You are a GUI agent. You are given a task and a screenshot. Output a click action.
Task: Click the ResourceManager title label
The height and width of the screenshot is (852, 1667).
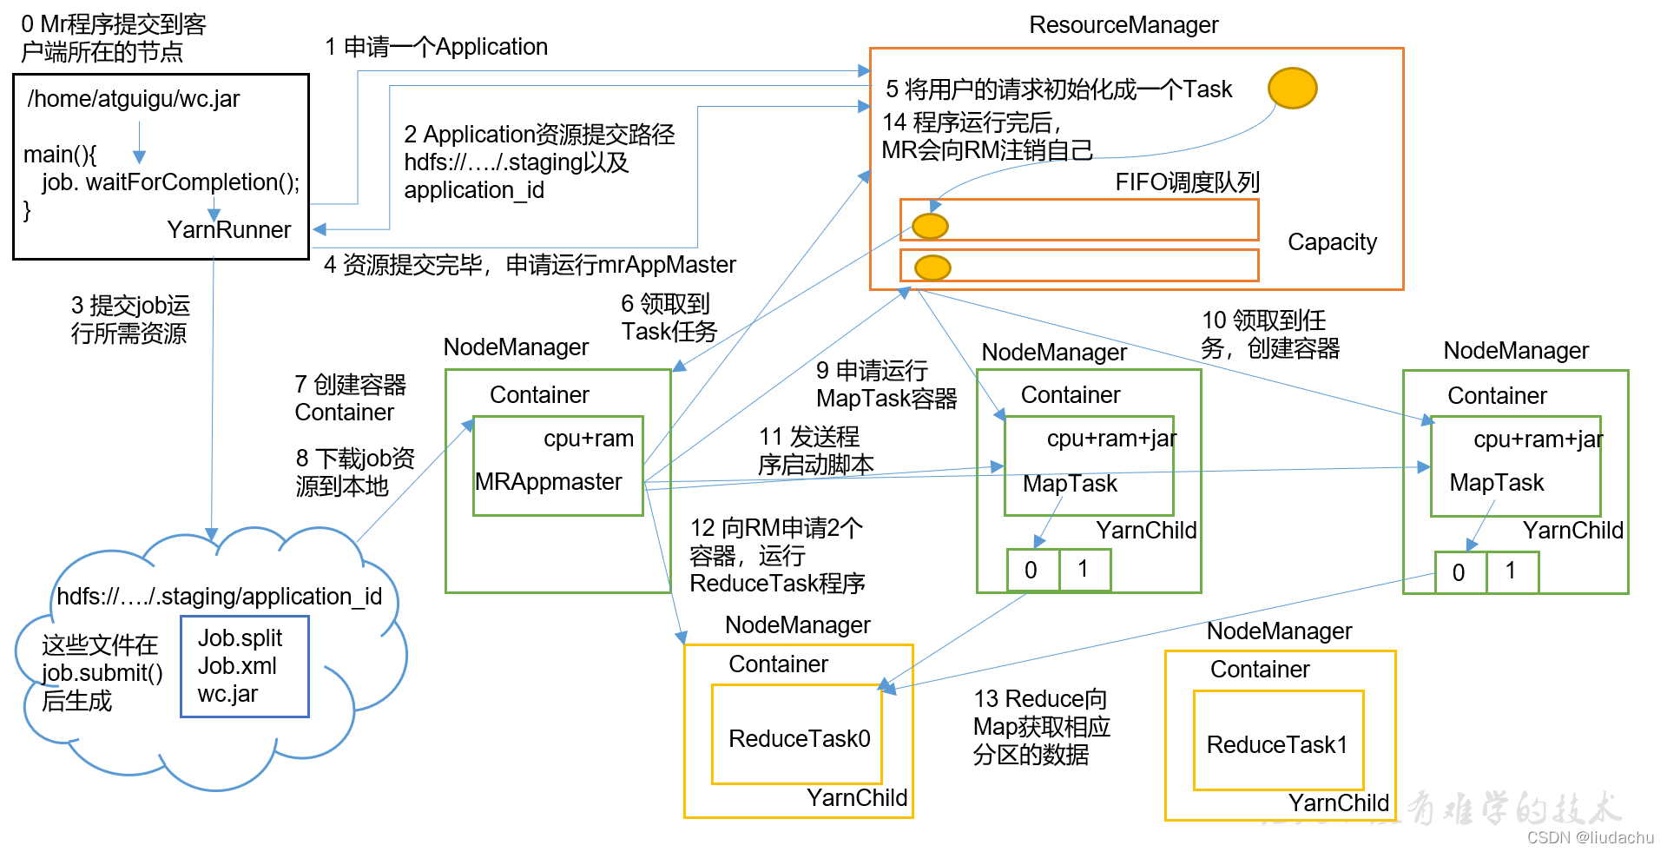click(x=1123, y=25)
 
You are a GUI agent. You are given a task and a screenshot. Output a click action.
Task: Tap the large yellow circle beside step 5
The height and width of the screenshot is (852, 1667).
click(x=1293, y=88)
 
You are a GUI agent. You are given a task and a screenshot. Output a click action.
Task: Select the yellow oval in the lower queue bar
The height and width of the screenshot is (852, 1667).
click(x=933, y=267)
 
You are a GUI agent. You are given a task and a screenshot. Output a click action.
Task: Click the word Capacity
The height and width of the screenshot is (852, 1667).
click(x=1332, y=241)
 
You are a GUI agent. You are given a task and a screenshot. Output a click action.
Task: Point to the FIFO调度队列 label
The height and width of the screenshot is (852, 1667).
click(x=1187, y=182)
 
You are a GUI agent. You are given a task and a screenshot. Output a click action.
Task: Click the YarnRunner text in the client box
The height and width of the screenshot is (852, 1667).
click(x=229, y=229)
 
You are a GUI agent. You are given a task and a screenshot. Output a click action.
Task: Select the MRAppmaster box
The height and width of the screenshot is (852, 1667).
click(x=558, y=466)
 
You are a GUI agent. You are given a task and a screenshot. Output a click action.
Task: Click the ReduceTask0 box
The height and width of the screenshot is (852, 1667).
click(x=797, y=734)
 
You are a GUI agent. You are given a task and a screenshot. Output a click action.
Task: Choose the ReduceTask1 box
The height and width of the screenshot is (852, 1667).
click(x=1279, y=740)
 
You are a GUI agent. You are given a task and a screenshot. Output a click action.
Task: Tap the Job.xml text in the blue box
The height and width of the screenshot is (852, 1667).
click(x=237, y=666)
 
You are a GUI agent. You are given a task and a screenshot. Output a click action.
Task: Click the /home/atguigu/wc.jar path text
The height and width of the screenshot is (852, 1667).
click(x=134, y=99)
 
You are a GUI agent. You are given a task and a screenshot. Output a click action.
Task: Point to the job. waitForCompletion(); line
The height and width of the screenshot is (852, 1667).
click(x=171, y=182)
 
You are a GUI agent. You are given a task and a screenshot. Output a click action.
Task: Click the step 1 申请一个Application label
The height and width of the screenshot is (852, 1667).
click(x=437, y=47)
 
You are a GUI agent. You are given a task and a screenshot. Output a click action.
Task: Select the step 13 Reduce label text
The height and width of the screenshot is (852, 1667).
click(x=1042, y=727)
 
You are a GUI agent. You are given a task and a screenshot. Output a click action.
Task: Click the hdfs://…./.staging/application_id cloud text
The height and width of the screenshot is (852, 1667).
click(x=220, y=597)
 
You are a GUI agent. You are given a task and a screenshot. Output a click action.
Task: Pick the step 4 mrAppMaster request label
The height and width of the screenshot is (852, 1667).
click(x=530, y=265)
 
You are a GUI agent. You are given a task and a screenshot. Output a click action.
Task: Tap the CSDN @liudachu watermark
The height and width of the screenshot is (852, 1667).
click(x=1591, y=837)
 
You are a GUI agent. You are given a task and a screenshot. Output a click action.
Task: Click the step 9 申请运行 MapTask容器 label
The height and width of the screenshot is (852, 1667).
click(x=886, y=385)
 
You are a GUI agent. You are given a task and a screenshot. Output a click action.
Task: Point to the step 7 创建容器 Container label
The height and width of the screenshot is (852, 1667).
click(x=351, y=399)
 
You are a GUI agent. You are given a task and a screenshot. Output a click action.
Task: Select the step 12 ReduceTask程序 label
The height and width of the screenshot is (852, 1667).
click(x=777, y=556)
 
